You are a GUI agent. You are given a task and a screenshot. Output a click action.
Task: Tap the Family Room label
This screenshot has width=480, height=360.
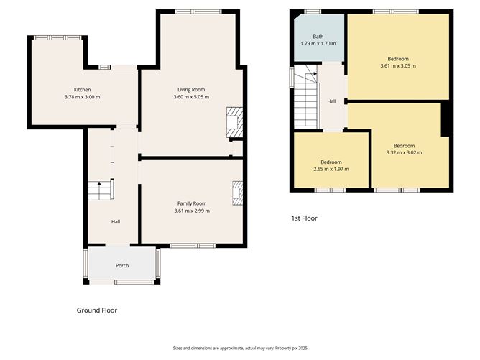click(x=193, y=203)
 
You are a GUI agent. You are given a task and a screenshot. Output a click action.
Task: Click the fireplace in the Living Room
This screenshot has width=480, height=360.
click(x=234, y=122)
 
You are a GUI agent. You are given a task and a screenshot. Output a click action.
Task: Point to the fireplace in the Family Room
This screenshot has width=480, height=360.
click(x=237, y=193)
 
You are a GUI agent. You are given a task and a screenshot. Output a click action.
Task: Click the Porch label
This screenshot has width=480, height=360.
click(x=122, y=265)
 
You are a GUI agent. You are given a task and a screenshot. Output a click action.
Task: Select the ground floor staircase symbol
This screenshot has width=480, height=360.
click(x=98, y=190)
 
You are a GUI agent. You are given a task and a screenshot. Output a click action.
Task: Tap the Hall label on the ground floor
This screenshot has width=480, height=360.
click(x=115, y=221)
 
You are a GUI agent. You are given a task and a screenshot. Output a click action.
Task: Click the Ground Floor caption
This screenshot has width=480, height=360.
click(x=96, y=310)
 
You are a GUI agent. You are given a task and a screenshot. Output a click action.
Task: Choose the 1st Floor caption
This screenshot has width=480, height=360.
click(x=304, y=218)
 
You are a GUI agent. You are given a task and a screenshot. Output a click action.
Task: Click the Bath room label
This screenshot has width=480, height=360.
click(x=318, y=37)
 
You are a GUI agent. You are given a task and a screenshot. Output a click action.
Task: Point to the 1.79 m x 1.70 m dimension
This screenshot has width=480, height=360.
click(x=318, y=45)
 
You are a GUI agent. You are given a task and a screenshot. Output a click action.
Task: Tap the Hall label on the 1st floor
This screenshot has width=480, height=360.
click(x=331, y=101)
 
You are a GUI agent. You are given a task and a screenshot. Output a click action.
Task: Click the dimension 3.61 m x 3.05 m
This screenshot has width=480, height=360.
click(x=397, y=65)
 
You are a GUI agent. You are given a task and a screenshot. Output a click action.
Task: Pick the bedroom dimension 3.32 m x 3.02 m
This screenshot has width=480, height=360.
click(x=403, y=152)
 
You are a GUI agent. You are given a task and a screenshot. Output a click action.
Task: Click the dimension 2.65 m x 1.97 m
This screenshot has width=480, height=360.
click(x=331, y=169)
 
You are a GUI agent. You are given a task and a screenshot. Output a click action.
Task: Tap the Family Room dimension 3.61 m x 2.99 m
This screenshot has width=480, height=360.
click(x=193, y=211)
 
